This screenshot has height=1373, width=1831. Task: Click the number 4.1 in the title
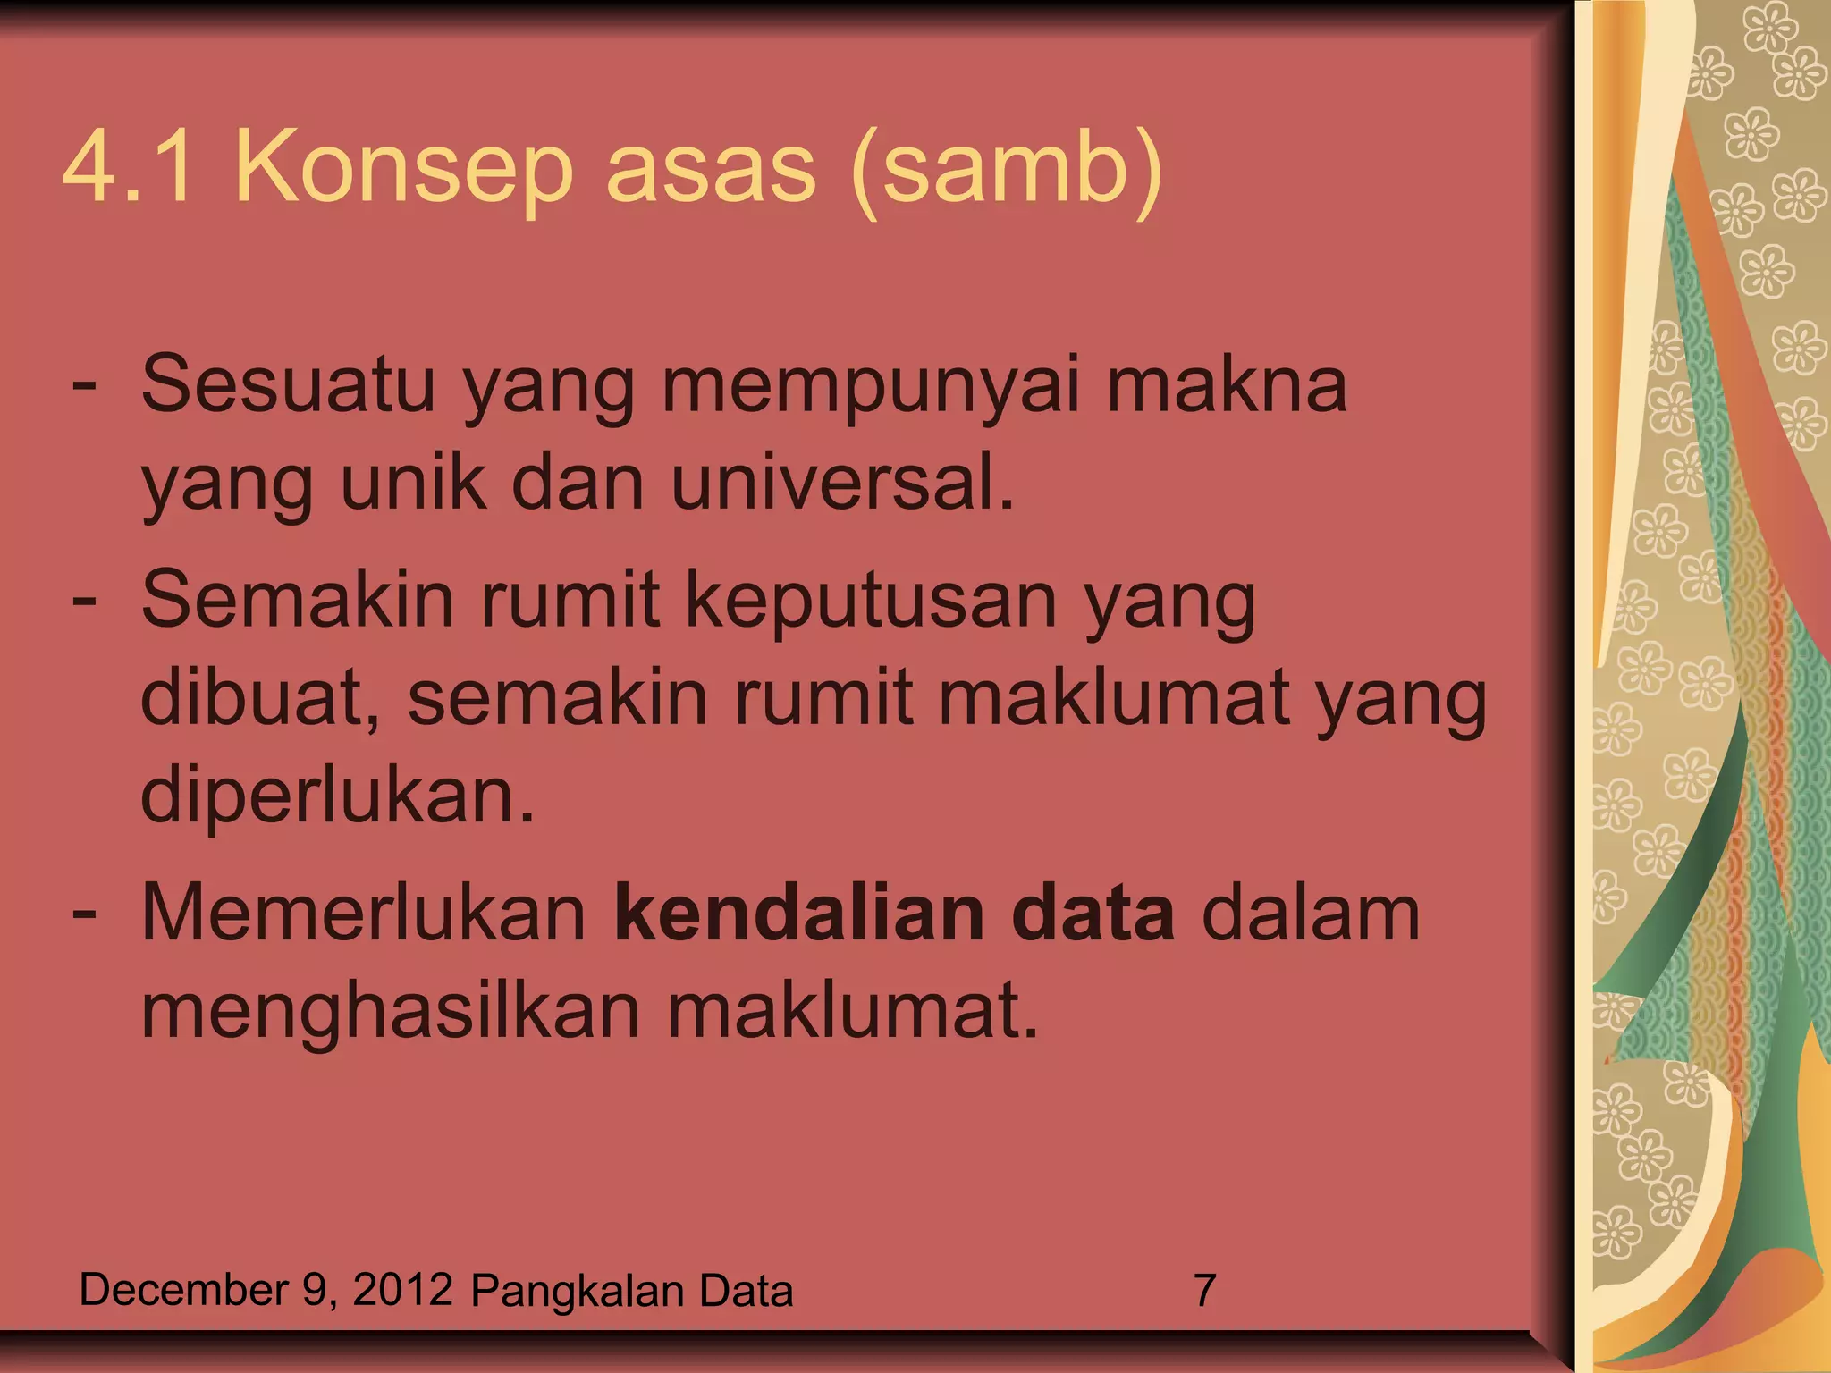coord(128,168)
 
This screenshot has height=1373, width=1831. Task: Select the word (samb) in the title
coord(1006,170)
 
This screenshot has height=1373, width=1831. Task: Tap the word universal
coord(842,483)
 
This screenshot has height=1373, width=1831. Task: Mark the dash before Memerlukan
coord(84,914)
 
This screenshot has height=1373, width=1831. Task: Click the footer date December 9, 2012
coord(266,1290)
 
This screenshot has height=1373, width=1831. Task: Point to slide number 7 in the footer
coord(1204,1291)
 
